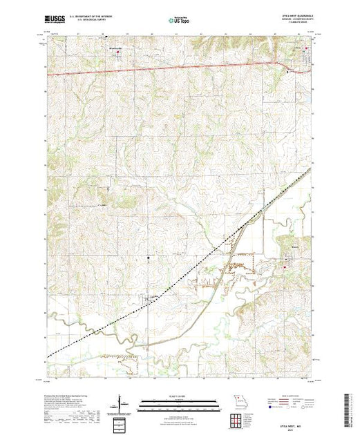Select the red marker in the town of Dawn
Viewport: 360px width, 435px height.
point(299,262)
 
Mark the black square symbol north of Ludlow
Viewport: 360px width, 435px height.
point(149,259)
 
